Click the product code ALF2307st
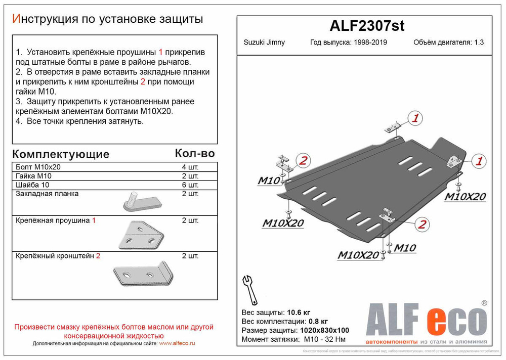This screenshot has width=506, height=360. (x=364, y=26)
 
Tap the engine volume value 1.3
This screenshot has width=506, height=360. (x=478, y=42)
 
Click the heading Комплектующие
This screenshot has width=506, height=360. (x=60, y=154)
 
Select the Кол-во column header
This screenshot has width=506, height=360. (x=194, y=153)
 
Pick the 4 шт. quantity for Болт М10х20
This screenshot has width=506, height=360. (x=190, y=167)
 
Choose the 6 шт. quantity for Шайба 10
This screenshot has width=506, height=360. (x=190, y=185)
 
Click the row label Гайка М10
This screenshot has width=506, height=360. (x=33, y=176)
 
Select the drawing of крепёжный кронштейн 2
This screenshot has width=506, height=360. (x=143, y=274)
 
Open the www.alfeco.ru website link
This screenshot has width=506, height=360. (x=177, y=343)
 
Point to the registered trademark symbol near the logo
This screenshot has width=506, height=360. (x=484, y=303)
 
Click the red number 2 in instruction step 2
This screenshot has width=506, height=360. (x=143, y=82)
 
